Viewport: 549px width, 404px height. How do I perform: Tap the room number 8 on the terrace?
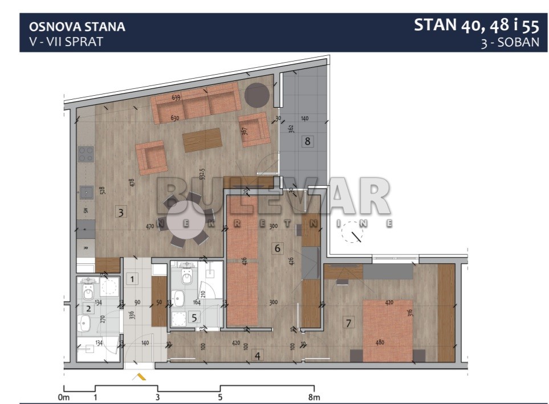[x=308, y=141]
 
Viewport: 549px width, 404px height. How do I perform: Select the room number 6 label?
[x=277, y=248]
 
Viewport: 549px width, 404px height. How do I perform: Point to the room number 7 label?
[x=348, y=323]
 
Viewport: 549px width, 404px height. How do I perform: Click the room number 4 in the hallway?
[x=258, y=356]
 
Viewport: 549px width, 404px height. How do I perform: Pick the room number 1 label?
[x=132, y=279]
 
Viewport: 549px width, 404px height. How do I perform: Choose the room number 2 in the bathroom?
[x=88, y=309]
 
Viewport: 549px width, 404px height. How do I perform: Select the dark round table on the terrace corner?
[x=257, y=95]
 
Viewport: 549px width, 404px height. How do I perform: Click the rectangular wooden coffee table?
[x=202, y=140]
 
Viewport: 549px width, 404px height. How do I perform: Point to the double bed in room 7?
[x=387, y=330]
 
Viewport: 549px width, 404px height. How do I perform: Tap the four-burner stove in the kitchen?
[x=86, y=154]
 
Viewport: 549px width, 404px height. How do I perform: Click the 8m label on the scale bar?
[x=313, y=397]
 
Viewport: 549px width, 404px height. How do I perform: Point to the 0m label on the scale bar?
[x=63, y=397]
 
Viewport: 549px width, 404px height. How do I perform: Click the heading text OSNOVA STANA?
[x=77, y=26]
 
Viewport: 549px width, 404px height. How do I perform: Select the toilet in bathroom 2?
[x=88, y=292]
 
